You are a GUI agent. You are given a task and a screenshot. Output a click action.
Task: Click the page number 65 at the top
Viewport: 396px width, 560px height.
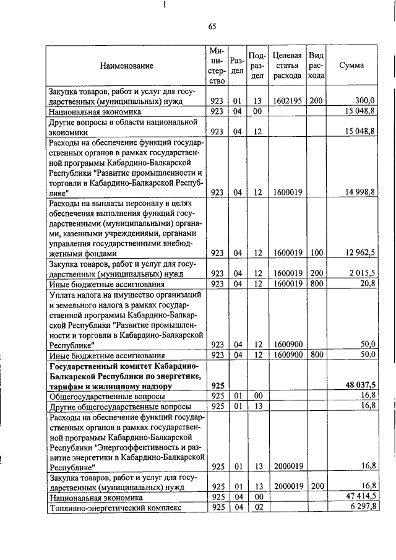coord(212,26)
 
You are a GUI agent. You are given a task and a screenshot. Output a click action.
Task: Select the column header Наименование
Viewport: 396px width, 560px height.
coord(126,66)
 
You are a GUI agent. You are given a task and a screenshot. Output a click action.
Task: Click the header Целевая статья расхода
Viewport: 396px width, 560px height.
coord(287,66)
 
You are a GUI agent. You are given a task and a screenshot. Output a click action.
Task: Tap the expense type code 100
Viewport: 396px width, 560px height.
coord(316,253)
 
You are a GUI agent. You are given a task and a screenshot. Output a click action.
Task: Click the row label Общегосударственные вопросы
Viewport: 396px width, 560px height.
coord(107,395)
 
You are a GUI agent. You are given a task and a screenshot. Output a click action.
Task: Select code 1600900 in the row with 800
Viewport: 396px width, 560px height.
coord(287,355)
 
